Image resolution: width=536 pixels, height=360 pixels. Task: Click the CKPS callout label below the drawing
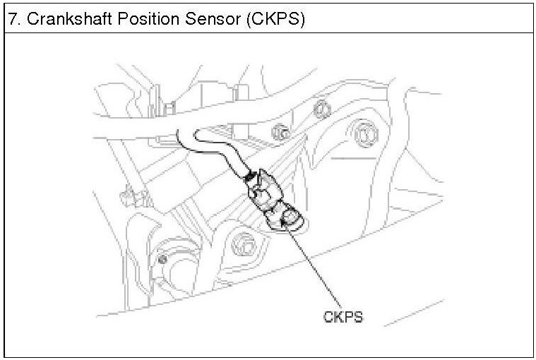point(343,317)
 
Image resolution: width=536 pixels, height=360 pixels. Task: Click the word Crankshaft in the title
point(64,19)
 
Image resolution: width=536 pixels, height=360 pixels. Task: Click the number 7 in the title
point(12,19)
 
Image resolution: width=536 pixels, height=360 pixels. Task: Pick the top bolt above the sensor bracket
point(321,108)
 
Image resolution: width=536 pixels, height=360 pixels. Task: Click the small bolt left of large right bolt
point(282,132)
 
